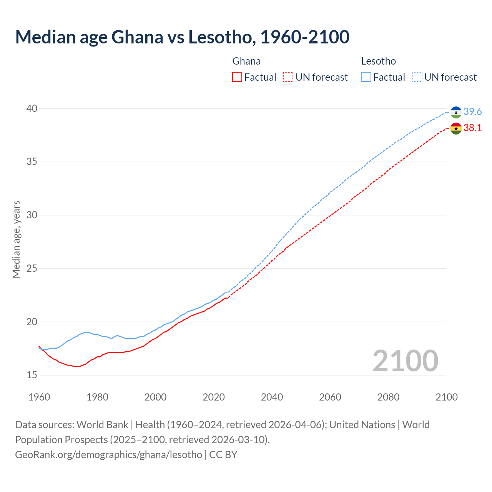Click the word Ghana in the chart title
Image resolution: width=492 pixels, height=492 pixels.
coord(137,37)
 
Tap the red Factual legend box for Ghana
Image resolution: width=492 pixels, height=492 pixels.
coord(237,77)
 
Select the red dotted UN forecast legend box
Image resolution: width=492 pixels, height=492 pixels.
coord(288,77)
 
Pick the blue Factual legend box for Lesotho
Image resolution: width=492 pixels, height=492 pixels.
coord(366,77)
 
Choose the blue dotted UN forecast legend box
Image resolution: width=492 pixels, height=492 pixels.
coord(417,77)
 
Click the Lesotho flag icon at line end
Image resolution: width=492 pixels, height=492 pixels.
coord(456,112)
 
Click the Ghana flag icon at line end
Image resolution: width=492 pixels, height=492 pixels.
coord(456,128)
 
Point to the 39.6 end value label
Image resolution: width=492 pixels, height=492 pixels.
coord(472,112)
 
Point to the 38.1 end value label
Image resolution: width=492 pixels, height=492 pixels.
coord(472,128)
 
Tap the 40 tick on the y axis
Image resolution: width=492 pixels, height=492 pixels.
coord(32,109)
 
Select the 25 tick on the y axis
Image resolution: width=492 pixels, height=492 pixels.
coord(32,268)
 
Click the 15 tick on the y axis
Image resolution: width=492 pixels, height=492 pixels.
coord(32,375)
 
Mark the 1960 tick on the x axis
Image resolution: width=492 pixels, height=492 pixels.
coord(39,397)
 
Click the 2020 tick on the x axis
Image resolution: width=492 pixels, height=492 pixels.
coord(214,397)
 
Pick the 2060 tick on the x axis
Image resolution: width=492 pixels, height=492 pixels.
coord(330,397)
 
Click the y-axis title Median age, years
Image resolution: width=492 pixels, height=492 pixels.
coord(16,239)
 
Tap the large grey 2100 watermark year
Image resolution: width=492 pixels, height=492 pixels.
coord(405,361)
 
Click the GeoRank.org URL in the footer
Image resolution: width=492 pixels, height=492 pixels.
coord(108,455)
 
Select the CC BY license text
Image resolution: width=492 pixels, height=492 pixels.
coord(223,455)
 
